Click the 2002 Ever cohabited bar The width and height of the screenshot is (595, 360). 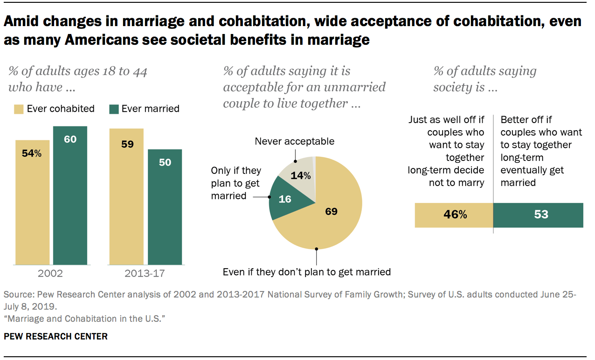point(32,210)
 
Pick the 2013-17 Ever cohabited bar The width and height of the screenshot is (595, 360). point(126,205)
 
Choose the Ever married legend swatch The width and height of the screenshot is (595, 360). point(113,109)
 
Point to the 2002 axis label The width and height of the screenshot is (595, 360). point(50,273)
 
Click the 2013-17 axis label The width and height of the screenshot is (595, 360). point(145,273)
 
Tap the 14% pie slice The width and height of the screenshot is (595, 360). point(298,176)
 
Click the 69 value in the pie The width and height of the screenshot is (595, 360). point(331,211)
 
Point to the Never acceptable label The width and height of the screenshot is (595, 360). point(294,141)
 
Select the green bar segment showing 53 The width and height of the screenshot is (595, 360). point(538,215)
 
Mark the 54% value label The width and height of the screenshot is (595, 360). point(32,153)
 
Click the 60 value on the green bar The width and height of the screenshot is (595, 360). point(70,139)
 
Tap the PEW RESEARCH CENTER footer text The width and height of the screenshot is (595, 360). point(55,336)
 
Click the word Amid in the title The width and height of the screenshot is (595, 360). point(23,22)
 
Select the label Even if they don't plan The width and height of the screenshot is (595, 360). point(306,272)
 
